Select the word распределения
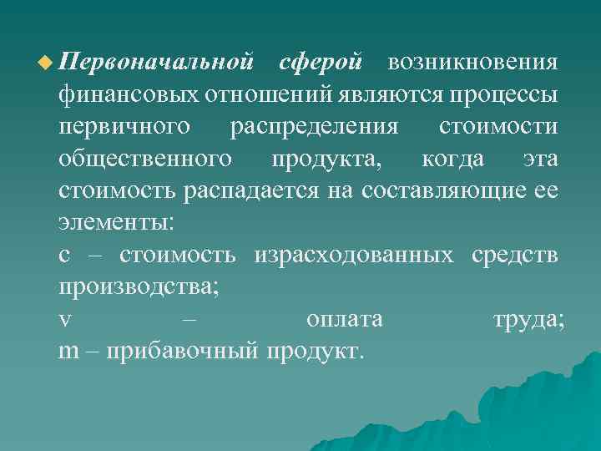(x=312, y=128)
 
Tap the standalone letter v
(x=64, y=320)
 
